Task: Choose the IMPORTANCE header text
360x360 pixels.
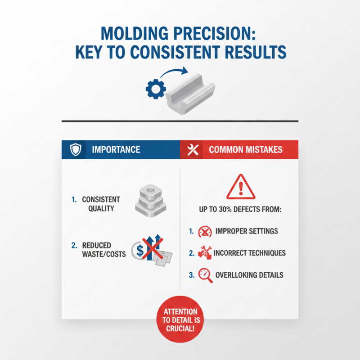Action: pyautogui.click(x=116, y=150)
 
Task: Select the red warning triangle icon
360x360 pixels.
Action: pyautogui.click(x=240, y=186)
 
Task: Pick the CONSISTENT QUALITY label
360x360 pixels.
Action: pyautogui.click(x=101, y=203)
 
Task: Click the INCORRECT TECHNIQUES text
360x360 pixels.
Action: pyautogui.click(x=250, y=253)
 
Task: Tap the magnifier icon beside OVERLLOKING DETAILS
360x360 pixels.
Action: pyautogui.click(x=205, y=275)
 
